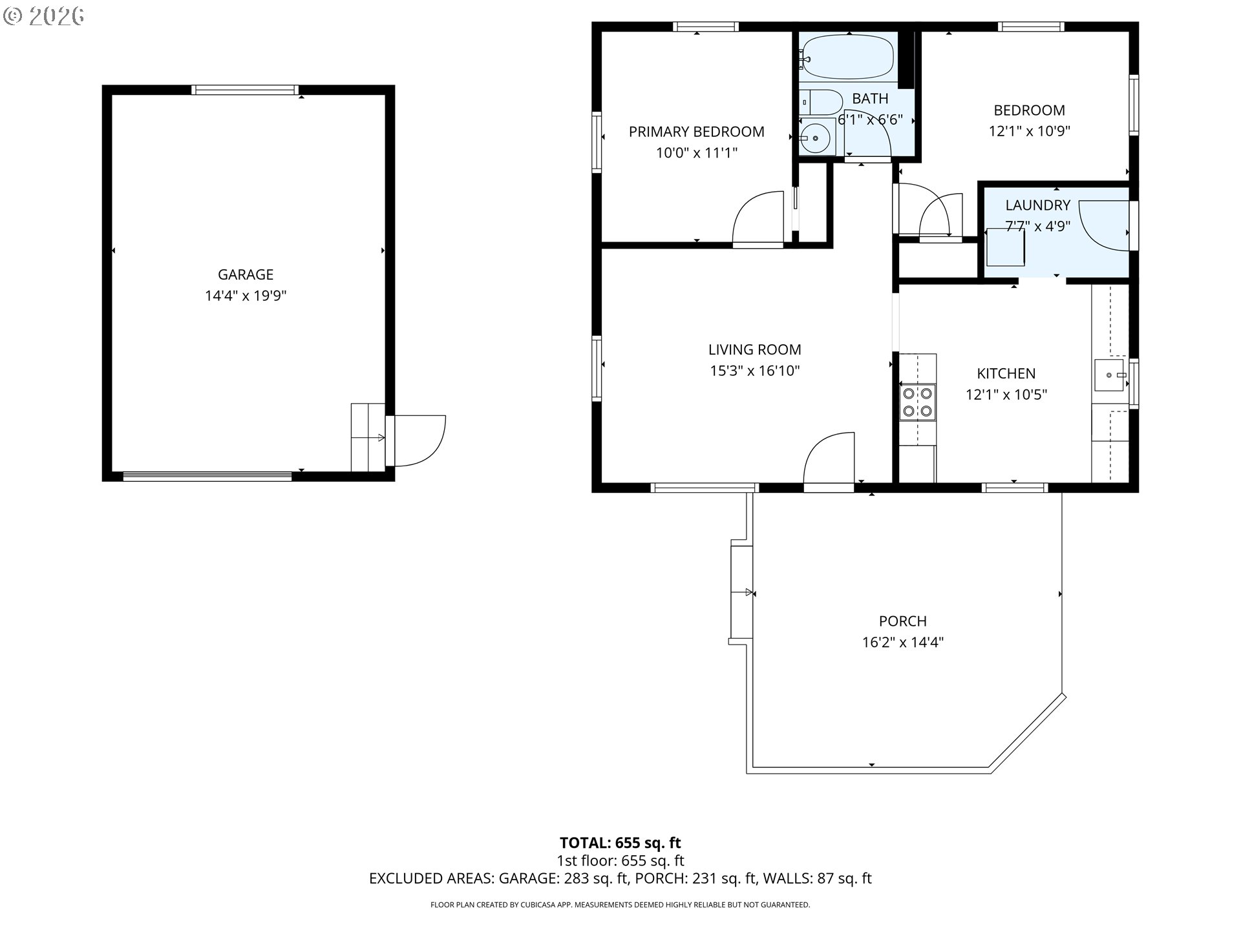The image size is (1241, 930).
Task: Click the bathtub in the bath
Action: pos(847,57)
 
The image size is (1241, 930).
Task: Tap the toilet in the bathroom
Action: pos(822,102)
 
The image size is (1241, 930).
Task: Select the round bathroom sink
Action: pos(816,138)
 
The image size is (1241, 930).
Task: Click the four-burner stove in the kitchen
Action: pos(917,401)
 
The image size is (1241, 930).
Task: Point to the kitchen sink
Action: pos(1110,375)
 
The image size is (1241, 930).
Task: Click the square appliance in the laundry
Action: pos(1005,247)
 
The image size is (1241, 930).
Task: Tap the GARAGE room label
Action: pos(246,274)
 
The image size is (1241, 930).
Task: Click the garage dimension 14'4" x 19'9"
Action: pos(246,296)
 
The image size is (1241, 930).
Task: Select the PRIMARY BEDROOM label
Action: pos(696,132)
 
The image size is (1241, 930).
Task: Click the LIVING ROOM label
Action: pos(754,349)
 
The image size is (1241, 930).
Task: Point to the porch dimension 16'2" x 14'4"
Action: pos(902,642)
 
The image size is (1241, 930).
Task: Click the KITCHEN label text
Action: pos(1006,373)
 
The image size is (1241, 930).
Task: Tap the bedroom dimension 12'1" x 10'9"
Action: pos(1029,131)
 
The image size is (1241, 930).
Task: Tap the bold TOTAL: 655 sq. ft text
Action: pos(620,843)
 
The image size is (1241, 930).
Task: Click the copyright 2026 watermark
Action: pos(44,16)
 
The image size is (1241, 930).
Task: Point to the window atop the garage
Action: pos(245,90)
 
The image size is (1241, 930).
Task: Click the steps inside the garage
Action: pos(367,437)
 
